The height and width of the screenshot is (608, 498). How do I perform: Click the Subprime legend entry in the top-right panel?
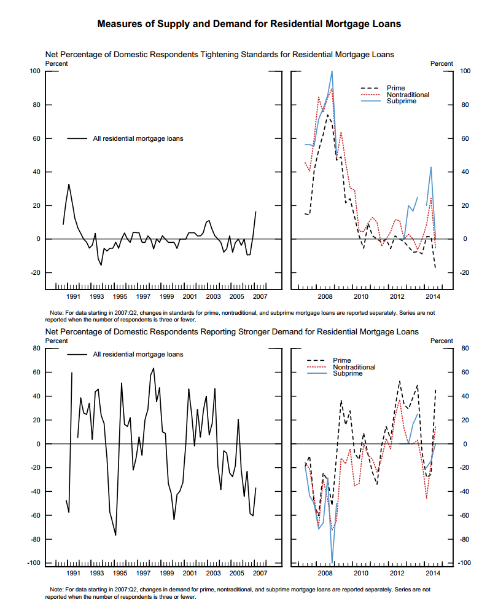pos(402,101)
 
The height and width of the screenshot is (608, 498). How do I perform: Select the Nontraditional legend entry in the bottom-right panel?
pos(354,367)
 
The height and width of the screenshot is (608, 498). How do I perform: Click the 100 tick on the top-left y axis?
pos(34,71)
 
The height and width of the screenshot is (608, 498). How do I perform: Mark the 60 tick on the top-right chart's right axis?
pos(464,138)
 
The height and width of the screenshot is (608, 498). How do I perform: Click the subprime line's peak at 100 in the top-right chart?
pos(332,71)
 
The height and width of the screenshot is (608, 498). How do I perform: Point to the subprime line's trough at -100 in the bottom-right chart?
pos(332,562)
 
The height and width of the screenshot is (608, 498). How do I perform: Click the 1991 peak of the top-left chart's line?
pos(69,184)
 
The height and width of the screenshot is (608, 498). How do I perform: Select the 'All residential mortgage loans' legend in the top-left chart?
pos(138,139)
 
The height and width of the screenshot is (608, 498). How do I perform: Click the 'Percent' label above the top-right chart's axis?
pos(441,63)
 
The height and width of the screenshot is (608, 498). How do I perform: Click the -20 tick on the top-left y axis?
pos(34,272)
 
